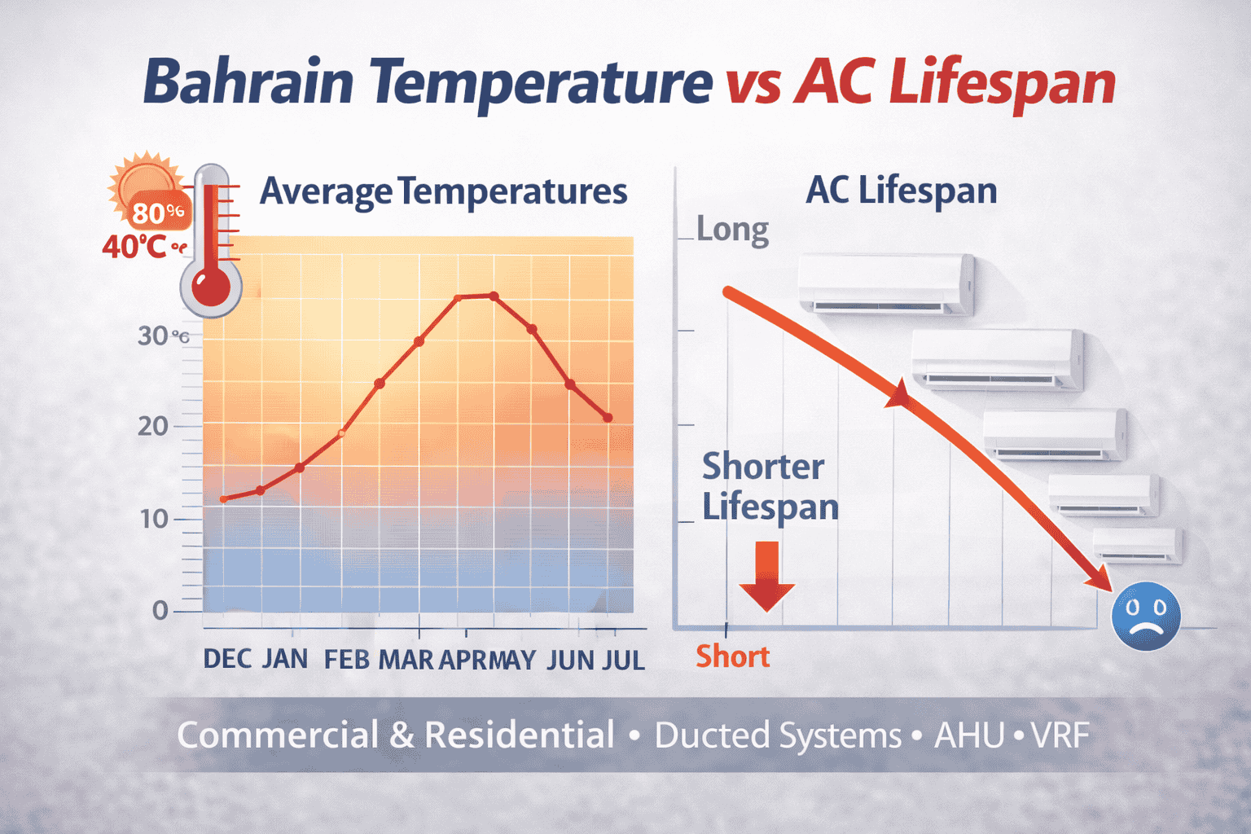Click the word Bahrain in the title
pos(248,82)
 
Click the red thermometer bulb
pos(211,288)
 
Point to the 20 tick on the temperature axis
pos(153,426)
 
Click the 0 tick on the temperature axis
pos(160,611)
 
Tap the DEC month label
pos(226,659)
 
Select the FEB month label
pos(347,659)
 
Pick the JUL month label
pos(623,659)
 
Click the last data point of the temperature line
pos(608,418)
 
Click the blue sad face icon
pos(1145,617)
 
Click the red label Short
pos(732,656)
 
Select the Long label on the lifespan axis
pos(732,230)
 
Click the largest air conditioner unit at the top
pos(886,283)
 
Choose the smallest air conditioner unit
pos(1137,544)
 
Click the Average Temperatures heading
pos(443,192)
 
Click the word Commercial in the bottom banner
pos(277,735)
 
